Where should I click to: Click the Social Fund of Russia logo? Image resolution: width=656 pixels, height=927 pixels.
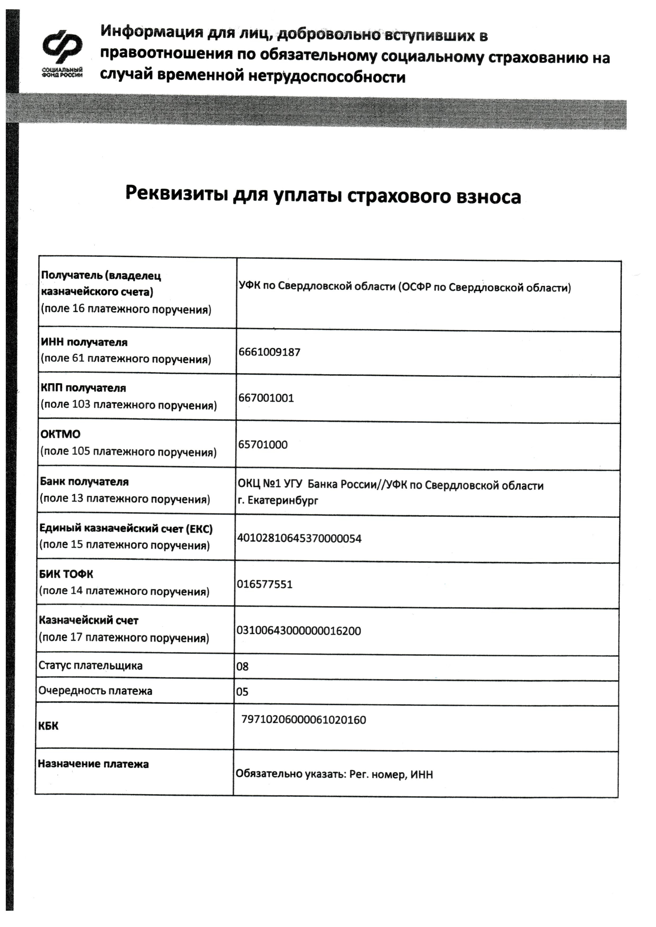pos(63,53)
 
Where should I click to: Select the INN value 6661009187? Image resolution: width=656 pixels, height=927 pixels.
pos(270,352)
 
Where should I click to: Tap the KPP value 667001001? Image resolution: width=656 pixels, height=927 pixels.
pos(266,398)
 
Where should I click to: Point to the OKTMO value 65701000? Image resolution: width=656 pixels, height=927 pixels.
pos(263,445)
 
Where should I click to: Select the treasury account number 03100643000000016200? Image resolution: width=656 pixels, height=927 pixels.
pos(299,631)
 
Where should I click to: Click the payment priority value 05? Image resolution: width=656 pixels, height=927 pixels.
pos(242,692)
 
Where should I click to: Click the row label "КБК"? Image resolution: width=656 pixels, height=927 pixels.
pos(48,726)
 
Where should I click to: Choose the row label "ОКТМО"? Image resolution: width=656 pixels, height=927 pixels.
pos(61,435)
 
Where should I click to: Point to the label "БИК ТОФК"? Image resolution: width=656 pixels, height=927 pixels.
pos(66,574)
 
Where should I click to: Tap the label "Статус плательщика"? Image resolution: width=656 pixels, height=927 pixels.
pos(90,666)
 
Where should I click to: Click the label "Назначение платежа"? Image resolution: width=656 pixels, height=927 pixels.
pos(93,764)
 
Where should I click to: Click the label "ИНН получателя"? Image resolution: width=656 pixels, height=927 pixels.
pos(84,342)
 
